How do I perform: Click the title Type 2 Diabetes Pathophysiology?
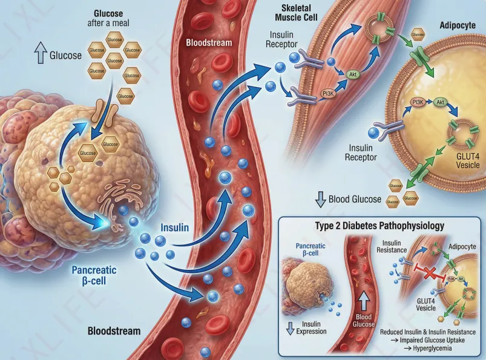click(380, 225)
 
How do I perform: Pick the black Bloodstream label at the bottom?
click(114, 331)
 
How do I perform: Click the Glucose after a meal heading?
click(114, 18)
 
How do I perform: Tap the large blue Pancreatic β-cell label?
click(94, 275)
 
